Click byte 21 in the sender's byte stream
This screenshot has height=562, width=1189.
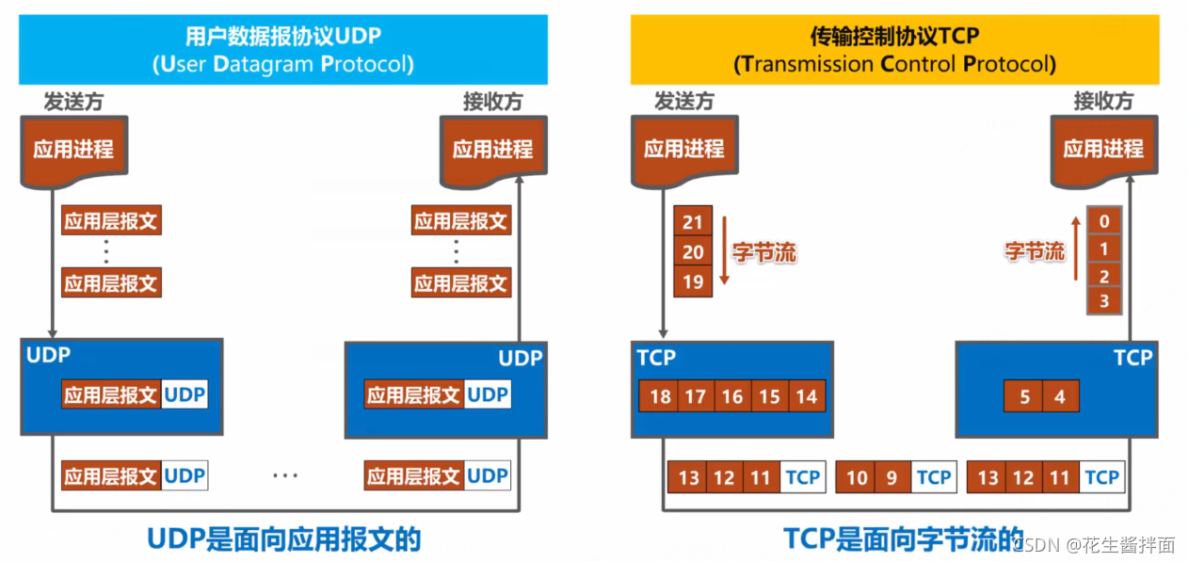693,222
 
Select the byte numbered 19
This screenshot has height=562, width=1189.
693,281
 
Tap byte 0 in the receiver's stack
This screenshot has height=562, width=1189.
1104,222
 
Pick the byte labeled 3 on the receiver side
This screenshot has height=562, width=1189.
1104,301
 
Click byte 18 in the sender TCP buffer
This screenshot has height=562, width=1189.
660,396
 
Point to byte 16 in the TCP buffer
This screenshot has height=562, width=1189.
732,396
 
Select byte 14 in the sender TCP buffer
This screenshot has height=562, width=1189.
807,396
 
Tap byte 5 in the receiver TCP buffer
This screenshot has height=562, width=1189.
1024,396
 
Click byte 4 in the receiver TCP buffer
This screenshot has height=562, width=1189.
1060,396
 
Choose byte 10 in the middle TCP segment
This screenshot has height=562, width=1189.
856,477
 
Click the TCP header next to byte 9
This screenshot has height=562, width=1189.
933,477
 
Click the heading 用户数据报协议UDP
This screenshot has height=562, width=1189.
282,37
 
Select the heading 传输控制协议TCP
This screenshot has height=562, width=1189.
894,37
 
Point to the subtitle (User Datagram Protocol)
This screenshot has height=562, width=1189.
282,64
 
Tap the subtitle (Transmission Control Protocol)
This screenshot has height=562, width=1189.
894,64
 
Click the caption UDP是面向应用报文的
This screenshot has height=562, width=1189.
283,538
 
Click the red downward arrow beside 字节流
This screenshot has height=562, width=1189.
723,252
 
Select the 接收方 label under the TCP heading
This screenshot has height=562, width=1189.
1103,102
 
